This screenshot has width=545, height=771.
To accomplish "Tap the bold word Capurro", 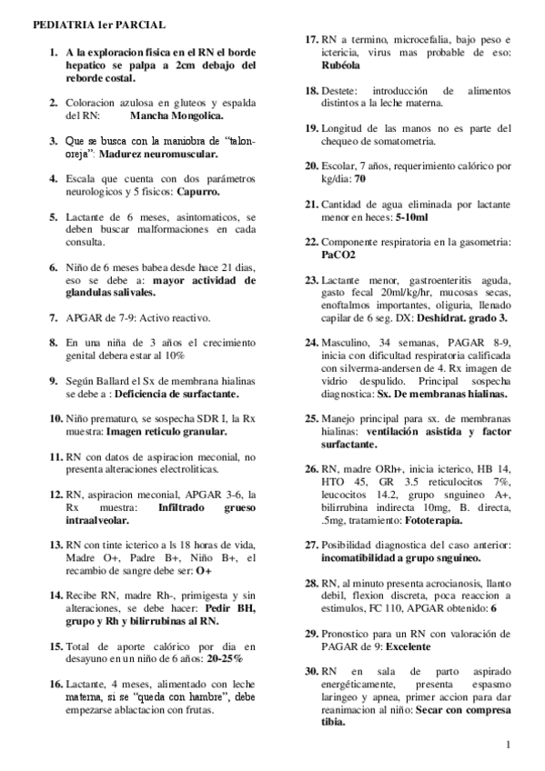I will click(198, 192).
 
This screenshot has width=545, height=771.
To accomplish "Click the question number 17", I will click(310, 40).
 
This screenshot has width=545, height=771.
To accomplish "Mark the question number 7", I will click(53, 319).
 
